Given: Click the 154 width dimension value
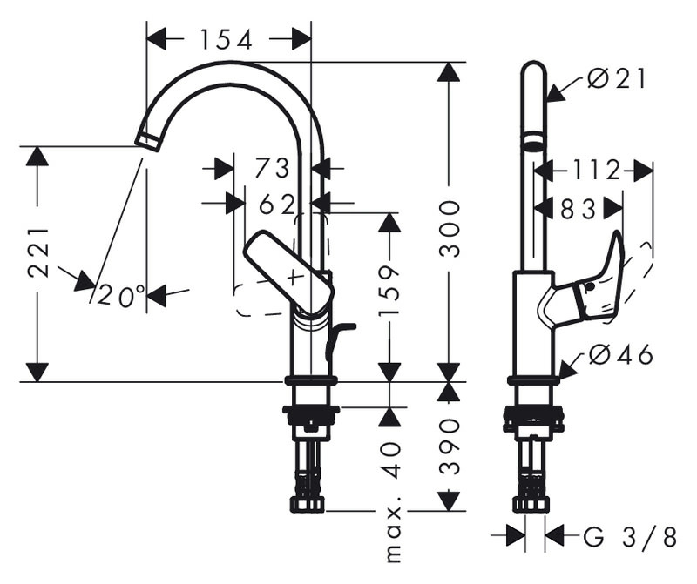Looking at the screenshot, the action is pyautogui.click(x=227, y=39).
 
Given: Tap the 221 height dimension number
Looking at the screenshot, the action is pyautogui.click(x=38, y=252).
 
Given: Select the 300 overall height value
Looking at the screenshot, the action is pyautogui.click(x=449, y=229).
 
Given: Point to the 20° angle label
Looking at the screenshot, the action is pyautogui.click(x=121, y=295).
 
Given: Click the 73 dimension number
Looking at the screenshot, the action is pyautogui.click(x=272, y=168).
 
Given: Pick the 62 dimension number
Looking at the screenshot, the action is pyautogui.click(x=277, y=205).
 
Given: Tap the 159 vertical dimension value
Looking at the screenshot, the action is pyautogui.click(x=389, y=292).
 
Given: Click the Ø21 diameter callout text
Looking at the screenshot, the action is pyautogui.click(x=616, y=80).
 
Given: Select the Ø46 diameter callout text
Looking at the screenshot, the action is pyautogui.click(x=621, y=355).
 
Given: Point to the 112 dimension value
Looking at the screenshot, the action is pyautogui.click(x=595, y=170).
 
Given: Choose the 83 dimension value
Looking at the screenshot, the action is pyautogui.click(x=578, y=209).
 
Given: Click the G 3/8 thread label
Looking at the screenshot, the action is pyautogui.click(x=630, y=536).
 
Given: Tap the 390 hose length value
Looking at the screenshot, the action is pyautogui.click(x=449, y=446).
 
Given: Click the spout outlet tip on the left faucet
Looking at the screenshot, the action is pyautogui.click(x=146, y=142).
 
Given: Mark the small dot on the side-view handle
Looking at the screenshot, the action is pyautogui.click(x=590, y=287).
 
